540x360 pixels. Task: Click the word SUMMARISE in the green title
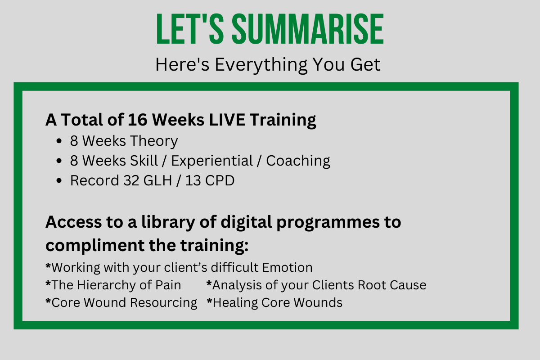point(308,29)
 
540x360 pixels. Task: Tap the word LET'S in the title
point(190,29)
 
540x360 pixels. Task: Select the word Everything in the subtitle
point(261,65)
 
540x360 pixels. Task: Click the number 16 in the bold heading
point(137,120)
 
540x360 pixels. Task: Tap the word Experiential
point(212,161)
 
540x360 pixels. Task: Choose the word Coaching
point(298,161)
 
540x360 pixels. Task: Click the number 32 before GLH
point(131,180)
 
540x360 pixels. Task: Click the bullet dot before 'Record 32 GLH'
point(59,180)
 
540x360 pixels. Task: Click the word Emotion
point(288,267)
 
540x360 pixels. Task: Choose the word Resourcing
point(163,303)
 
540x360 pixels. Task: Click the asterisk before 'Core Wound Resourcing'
point(48,301)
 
